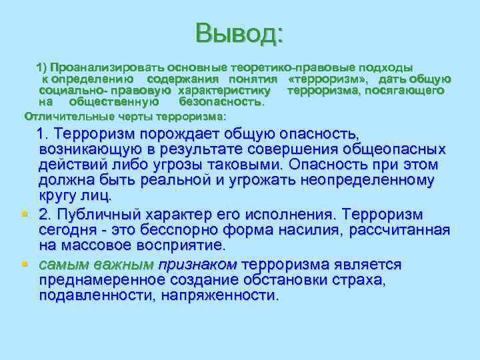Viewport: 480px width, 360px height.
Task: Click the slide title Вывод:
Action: [239, 32]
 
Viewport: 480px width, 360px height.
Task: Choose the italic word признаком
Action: [197, 264]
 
